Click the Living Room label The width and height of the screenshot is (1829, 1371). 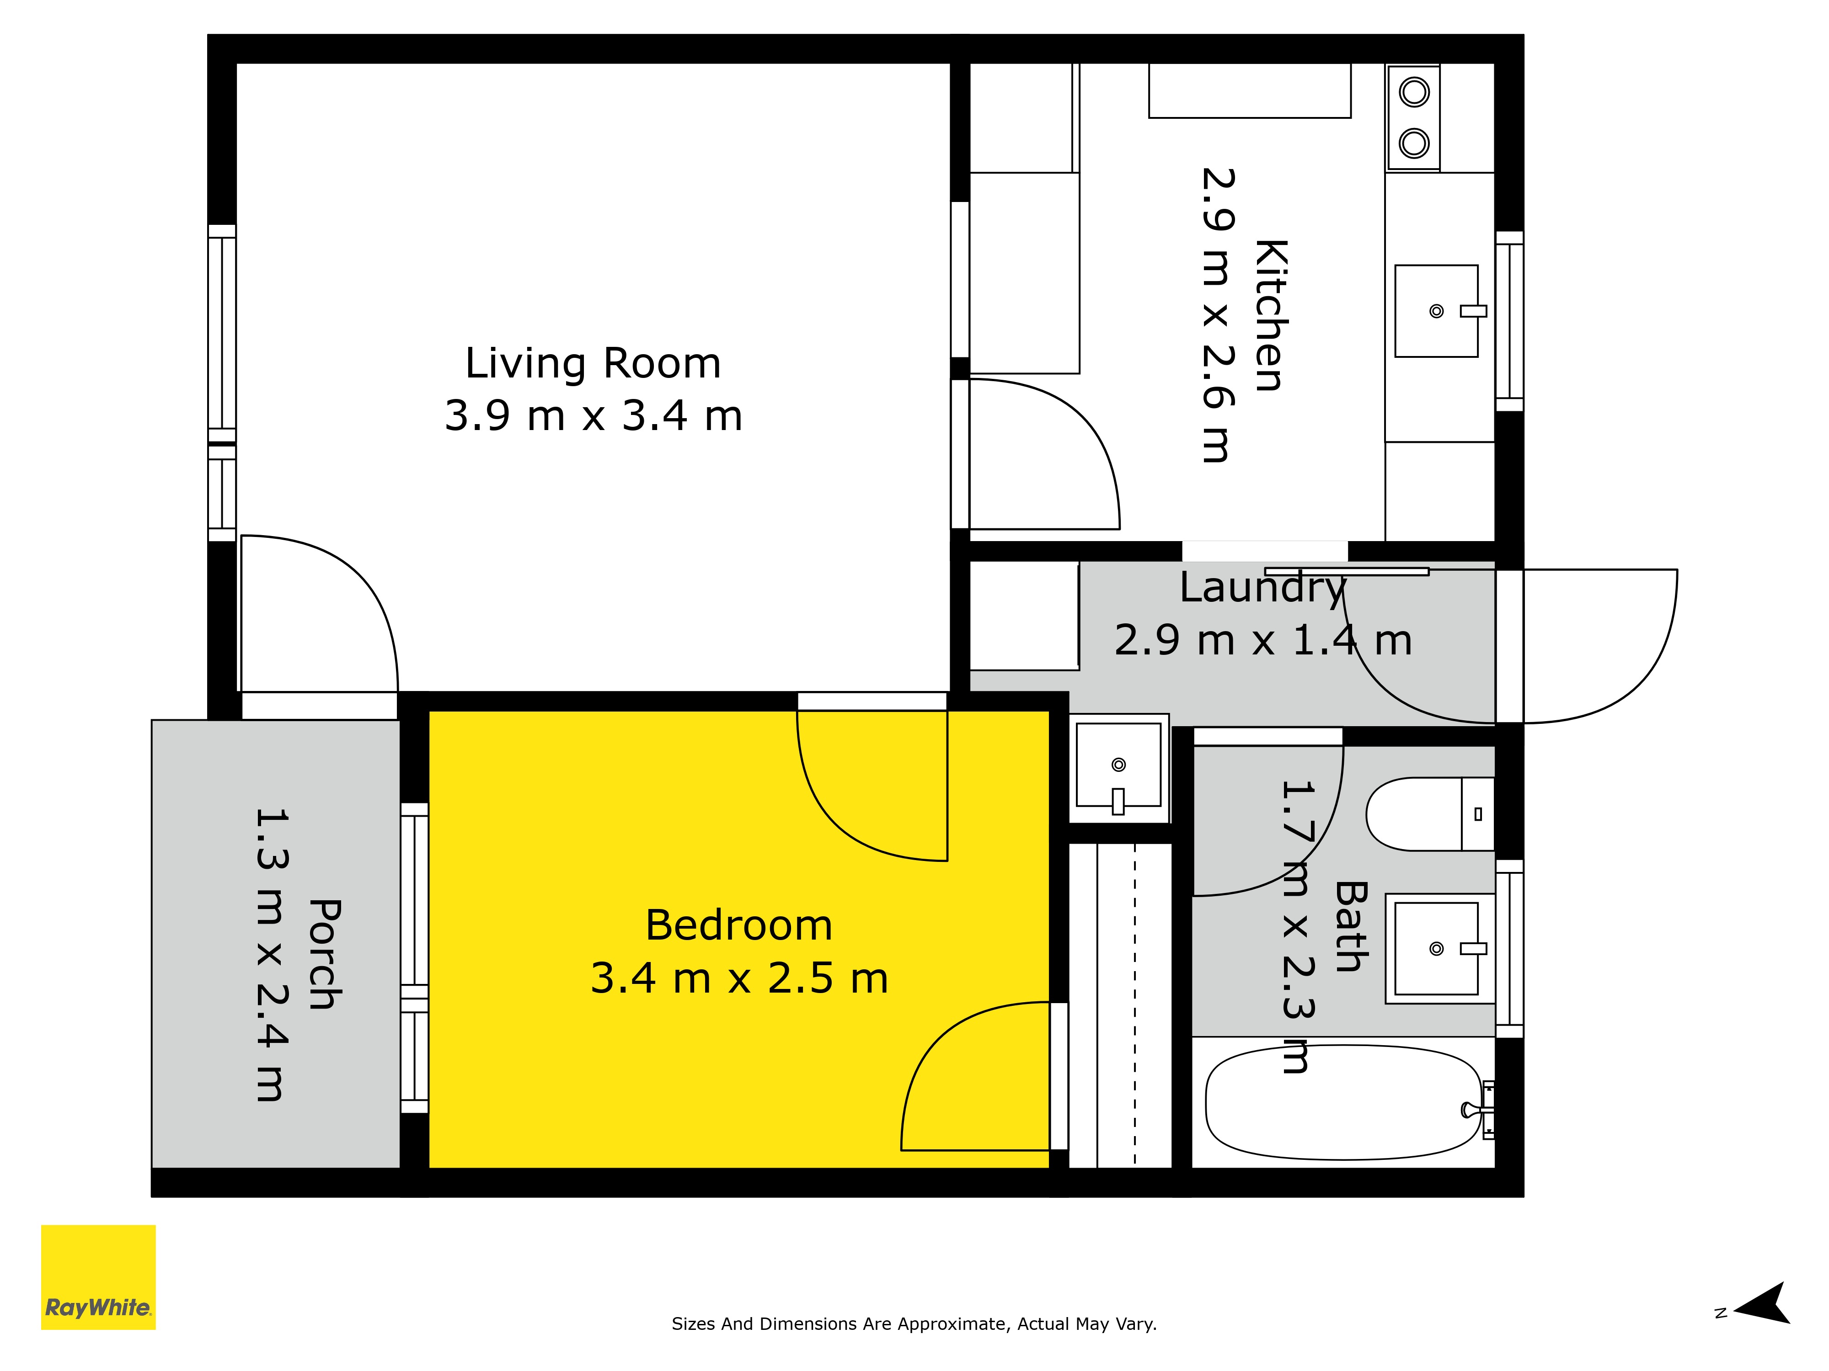coord(593,364)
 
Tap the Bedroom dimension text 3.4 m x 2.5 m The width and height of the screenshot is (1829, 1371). coord(739,978)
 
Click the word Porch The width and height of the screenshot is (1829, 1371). coord(326,955)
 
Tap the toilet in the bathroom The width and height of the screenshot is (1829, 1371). coord(1430,814)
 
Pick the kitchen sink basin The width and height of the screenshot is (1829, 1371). coord(1436,311)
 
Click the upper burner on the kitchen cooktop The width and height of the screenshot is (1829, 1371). coord(1414,92)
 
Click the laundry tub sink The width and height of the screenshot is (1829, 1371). coord(1119,765)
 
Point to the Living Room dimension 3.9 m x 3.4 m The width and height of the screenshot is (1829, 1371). coord(594,416)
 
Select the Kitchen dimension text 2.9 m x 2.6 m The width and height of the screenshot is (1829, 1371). coord(1219,315)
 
